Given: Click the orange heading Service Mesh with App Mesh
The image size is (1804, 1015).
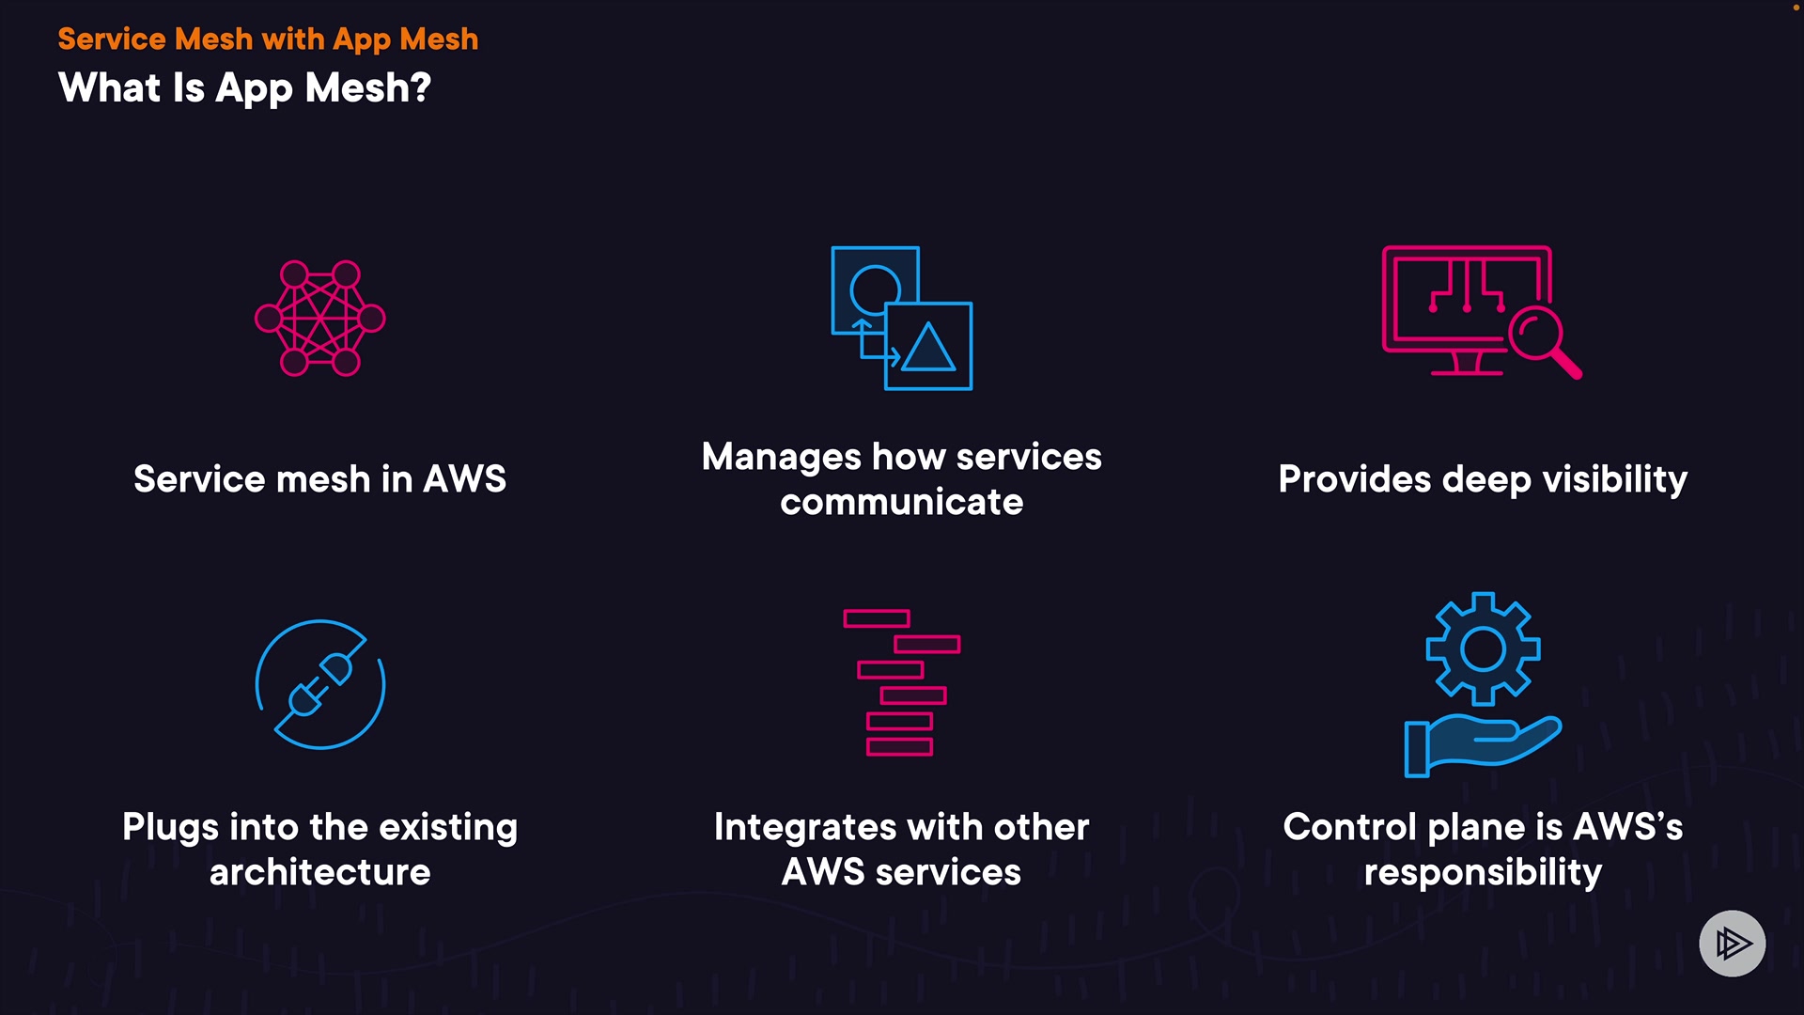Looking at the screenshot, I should coord(268,39).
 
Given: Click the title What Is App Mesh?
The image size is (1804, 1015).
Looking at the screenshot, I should coord(244,88).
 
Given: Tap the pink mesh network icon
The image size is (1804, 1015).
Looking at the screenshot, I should coord(320,319).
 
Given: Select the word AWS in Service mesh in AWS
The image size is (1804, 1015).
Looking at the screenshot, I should coord(464,479).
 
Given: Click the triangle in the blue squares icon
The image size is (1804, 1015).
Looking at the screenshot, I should coord(928,348).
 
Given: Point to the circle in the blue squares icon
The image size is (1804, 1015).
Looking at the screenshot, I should coord(875,288).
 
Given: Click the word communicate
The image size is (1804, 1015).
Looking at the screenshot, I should coord(901,502).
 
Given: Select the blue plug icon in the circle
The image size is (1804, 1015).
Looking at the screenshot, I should coord(320,684).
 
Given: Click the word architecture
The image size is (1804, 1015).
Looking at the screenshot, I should coord(319,872).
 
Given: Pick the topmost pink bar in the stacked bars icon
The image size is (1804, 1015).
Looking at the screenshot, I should coord(876,618).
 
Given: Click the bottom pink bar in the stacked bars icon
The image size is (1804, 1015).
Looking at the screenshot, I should coord(899,747).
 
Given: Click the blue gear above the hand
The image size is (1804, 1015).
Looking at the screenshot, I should coord(1483,648).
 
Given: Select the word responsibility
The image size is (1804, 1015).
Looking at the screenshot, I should coord(1483,872).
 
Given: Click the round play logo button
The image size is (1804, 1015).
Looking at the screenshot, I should coord(1732,943).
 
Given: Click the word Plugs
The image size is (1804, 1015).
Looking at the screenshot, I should coord(170,827).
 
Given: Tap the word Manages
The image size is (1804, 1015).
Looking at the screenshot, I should coord(781,457).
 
